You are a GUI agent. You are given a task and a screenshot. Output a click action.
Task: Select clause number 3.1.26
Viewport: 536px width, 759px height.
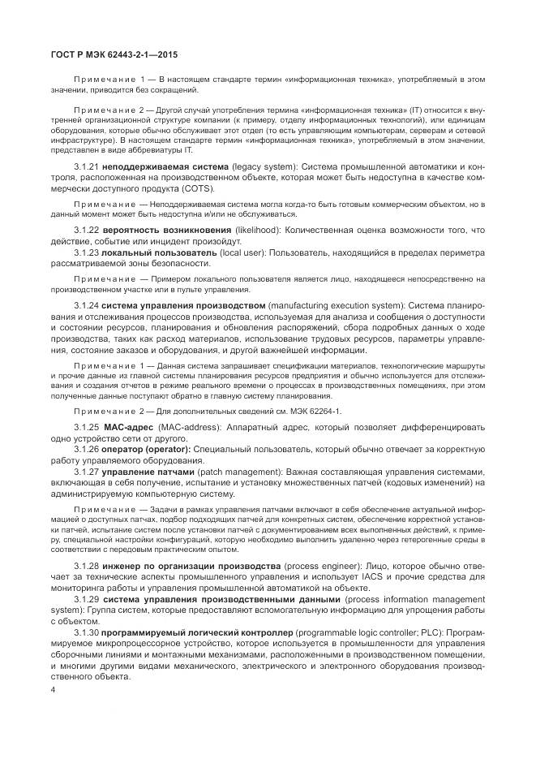point(87,448)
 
